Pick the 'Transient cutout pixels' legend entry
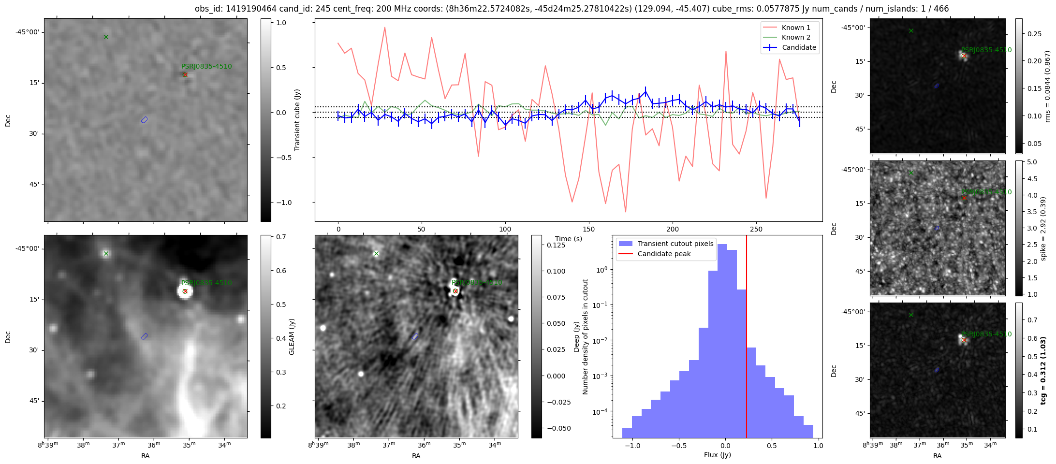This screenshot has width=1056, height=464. [x=675, y=244]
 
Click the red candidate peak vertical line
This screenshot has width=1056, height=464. [x=747, y=338]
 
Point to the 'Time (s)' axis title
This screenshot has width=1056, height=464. [x=568, y=239]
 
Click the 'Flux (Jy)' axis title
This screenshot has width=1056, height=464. [x=717, y=455]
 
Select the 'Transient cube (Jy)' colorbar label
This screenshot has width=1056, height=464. [x=297, y=120]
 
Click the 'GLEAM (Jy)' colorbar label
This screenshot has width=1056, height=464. [x=292, y=336]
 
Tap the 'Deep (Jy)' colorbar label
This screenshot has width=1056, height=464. [x=576, y=336]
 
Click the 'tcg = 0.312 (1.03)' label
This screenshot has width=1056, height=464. [x=1043, y=370]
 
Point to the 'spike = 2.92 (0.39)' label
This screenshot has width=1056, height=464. [x=1043, y=228]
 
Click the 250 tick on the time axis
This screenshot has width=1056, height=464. [x=756, y=229]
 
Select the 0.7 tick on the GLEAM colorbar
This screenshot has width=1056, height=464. [x=281, y=237]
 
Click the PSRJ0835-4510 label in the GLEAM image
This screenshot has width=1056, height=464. [x=206, y=283]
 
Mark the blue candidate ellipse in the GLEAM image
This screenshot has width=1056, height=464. [x=144, y=336]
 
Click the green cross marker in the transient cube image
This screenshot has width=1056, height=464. [x=106, y=37]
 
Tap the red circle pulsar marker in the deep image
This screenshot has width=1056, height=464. [x=455, y=291]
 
